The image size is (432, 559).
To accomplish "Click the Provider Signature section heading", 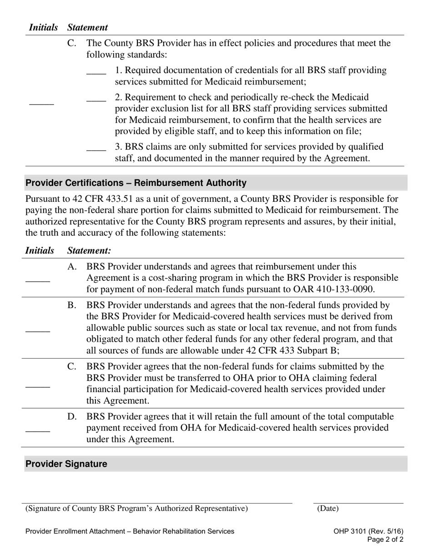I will click(66, 464).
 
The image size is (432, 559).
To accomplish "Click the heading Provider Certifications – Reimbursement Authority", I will click(136, 183).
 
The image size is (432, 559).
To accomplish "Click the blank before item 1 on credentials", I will click(96, 74).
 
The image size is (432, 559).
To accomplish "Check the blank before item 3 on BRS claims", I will click(96, 150).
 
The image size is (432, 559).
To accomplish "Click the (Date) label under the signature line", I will click(328, 509).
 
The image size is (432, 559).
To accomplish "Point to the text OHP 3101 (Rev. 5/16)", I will click(368, 531).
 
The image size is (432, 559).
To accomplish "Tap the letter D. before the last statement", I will click(72, 417).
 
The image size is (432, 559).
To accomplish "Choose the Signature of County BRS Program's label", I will click(137, 509).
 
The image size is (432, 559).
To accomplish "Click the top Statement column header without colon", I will click(87, 28).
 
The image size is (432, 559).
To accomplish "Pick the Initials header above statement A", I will click(40, 251).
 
